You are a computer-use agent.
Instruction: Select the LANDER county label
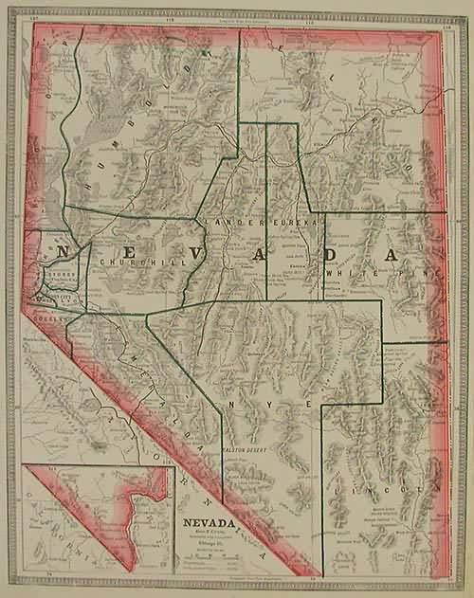pyautogui.click(x=225, y=223)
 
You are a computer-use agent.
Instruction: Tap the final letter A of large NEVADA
pyautogui.click(x=387, y=256)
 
